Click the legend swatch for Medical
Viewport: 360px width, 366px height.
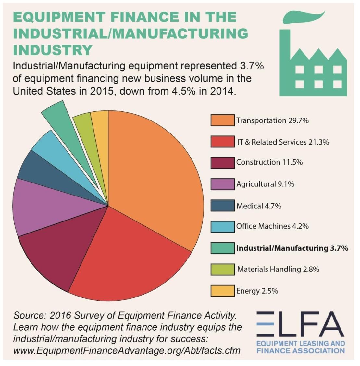point(223,206)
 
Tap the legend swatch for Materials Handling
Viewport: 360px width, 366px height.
point(223,269)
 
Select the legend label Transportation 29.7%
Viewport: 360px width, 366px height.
point(272,120)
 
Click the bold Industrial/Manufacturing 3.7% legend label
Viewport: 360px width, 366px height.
point(292,248)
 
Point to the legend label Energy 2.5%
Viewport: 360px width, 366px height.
point(257,291)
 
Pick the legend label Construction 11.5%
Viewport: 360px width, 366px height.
point(269,162)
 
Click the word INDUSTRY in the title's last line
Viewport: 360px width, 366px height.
point(53,50)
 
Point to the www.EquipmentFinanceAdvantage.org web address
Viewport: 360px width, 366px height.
point(127,351)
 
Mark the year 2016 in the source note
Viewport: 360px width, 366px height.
point(60,316)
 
